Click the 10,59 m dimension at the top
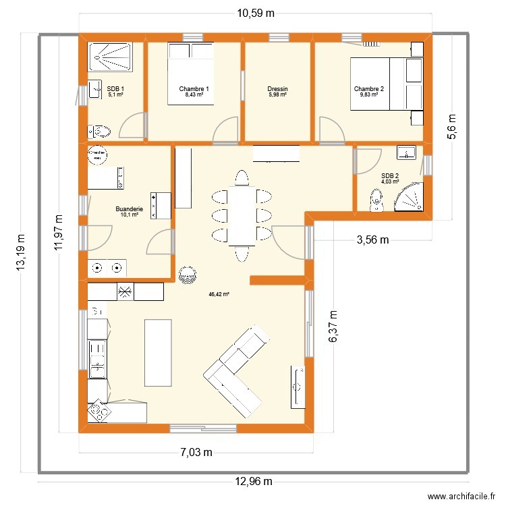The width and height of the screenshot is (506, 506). [255, 12]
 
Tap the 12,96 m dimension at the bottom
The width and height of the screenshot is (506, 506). [254, 481]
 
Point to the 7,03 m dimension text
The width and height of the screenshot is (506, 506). [196, 452]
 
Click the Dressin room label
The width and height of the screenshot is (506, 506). [277, 89]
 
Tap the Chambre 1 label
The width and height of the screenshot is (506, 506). [194, 89]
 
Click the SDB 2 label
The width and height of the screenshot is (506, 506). [390, 175]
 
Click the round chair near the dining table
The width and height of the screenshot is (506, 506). [186, 274]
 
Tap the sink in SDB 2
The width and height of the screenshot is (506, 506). [407, 152]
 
